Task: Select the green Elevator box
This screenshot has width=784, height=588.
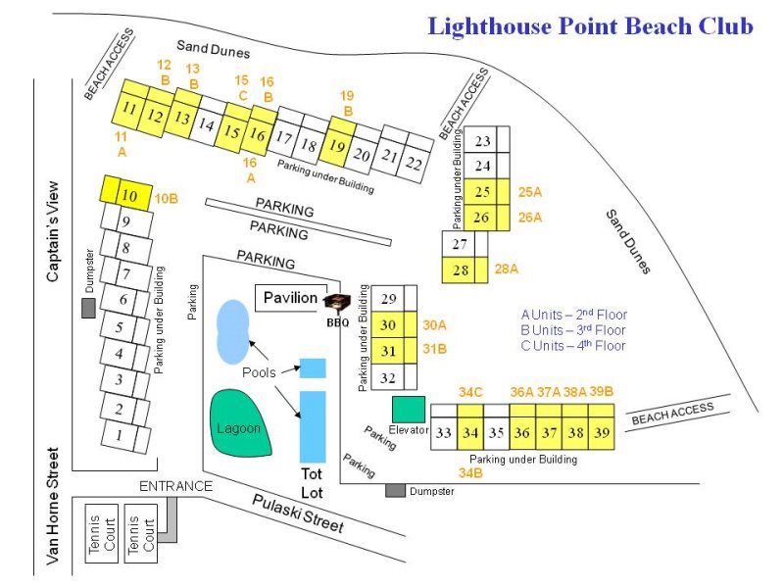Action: point(409,409)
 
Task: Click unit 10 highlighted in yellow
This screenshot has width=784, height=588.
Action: point(127,194)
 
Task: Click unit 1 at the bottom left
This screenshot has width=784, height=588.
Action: point(120,434)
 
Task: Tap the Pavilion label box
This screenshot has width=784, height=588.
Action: point(290,298)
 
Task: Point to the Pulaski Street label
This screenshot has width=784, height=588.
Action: point(298,512)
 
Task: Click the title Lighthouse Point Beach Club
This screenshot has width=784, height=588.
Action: point(590,26)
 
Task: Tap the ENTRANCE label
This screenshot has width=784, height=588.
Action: point(175,486)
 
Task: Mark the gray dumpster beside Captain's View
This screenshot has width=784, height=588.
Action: point(88,308)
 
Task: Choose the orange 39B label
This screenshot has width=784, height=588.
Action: point(602,392)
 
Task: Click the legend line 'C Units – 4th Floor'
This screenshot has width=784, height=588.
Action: point(573,346)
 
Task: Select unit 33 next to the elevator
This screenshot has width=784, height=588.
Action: point(444,433)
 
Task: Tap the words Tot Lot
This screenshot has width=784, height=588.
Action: point(312,482)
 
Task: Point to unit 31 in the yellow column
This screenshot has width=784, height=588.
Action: point(388,351)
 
